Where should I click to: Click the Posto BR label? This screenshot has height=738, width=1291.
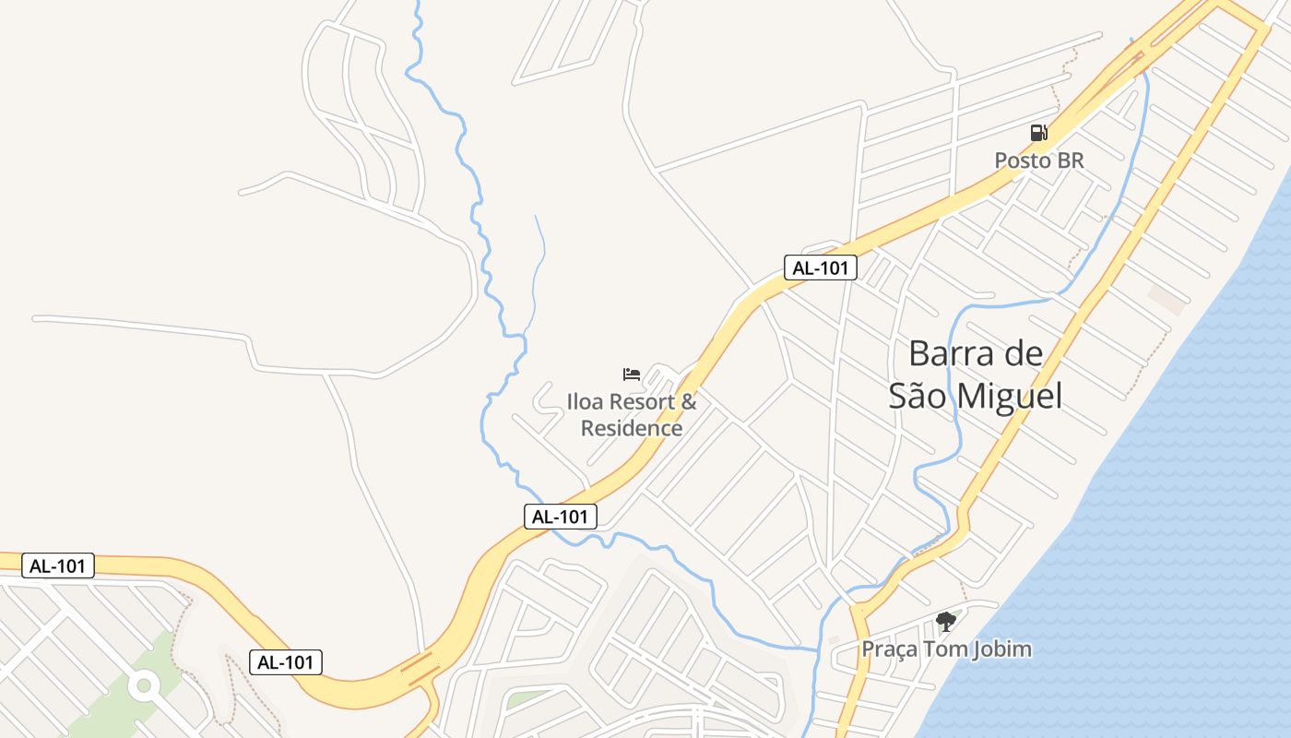pos(1038,161)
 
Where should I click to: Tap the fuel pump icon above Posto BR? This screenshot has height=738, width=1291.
pos(1038,133)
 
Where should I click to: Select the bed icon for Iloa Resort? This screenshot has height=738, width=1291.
pos(632,375)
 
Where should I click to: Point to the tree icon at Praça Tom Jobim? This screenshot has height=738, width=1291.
pos(945,621)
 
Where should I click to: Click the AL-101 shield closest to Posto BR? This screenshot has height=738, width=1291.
pos(821,268)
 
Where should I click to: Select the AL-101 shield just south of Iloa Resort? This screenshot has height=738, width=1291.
pos(561,517)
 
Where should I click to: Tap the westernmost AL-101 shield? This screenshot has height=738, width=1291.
pos(57,565)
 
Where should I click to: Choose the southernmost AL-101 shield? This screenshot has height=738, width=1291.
pos(286,661)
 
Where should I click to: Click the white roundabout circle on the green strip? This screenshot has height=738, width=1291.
pos(143,685)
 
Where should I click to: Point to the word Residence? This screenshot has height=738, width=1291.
pos(632,429)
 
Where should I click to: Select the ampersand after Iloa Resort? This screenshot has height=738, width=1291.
pos(688,402)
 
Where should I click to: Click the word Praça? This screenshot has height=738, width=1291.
pos(889,649)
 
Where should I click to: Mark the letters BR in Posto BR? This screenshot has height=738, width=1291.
pos(1070,161)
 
